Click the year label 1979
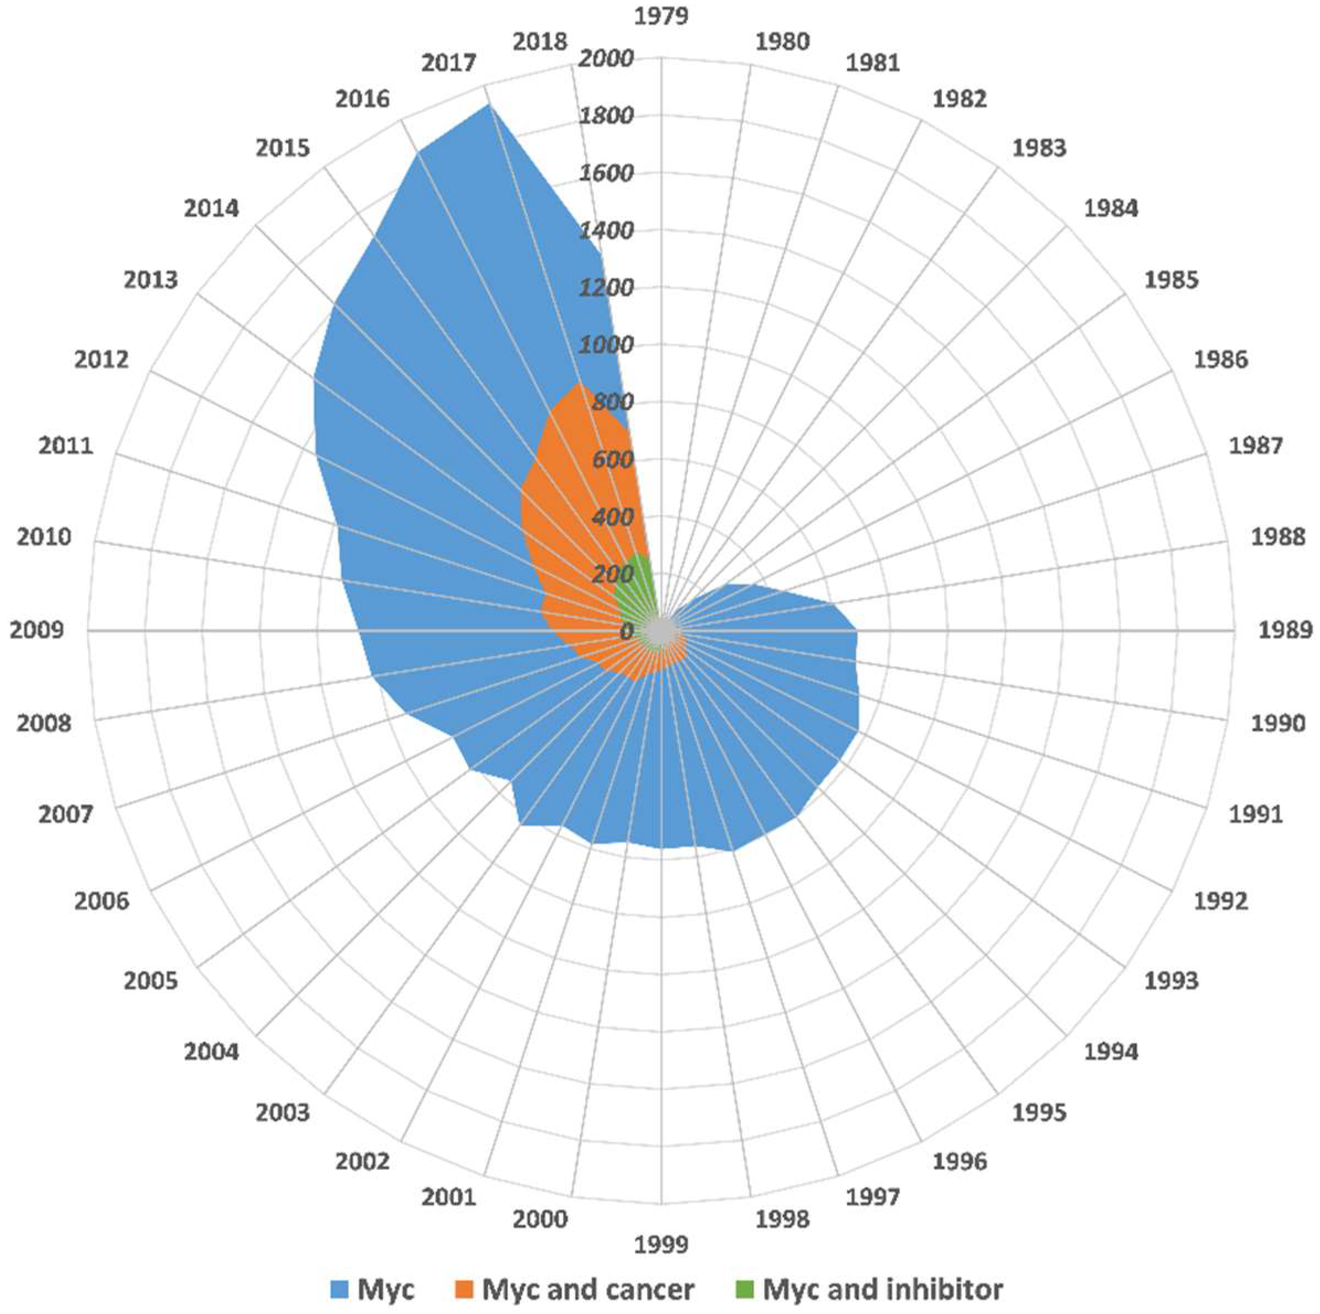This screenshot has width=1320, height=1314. coord(661,15)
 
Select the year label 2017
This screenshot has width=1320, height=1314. coord(448,63)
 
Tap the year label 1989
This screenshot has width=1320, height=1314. coord(1285,630)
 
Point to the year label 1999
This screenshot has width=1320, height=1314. coord(661,1244)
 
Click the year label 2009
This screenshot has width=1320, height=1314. coord(37,630)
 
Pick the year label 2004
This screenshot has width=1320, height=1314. coord(211,1052)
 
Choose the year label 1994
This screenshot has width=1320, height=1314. coord(1111,1052)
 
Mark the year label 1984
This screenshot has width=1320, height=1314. coord(1111,208)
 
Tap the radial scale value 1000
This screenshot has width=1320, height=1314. coord(605,345)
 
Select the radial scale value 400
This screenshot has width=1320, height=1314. coord(612,517)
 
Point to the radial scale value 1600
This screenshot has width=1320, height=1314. coord(605,173)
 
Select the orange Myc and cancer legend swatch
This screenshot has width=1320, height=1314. coord(466,1289)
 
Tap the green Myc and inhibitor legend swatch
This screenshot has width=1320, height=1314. coord(745,1289)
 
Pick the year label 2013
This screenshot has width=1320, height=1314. coord(150,279)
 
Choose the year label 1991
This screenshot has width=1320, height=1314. coord(1256,814)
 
